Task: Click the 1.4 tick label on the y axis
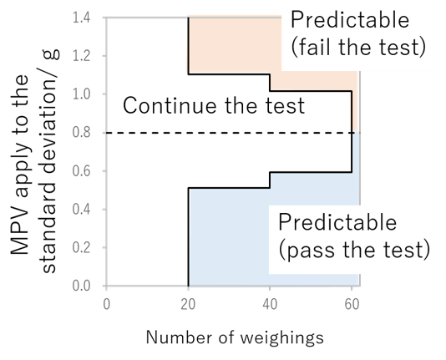click(82, 18)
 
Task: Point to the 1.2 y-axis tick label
click(82, 56)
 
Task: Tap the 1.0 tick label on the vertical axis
click(82, 94)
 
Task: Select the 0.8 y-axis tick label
click(82, 133)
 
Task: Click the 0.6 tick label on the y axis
click(82, 171)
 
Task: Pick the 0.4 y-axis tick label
click(82, 210)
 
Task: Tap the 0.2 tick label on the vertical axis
click(82, 248)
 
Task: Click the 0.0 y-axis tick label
click(82, 286)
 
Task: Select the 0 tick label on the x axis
click(106, 305)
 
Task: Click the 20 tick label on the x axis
click(188, 305)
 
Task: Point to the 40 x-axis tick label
click(270, 305)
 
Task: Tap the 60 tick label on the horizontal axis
click(352, 305)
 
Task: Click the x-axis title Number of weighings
click(235, 338)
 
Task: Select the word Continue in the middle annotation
click(170, 105)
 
